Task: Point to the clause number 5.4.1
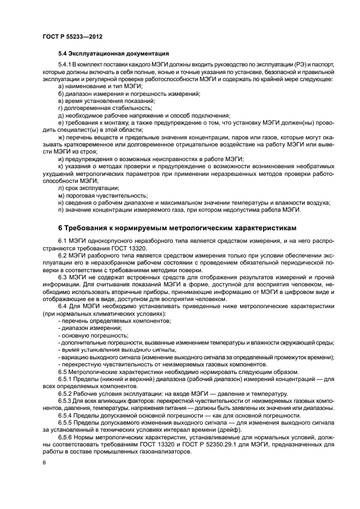click(66, 65)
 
